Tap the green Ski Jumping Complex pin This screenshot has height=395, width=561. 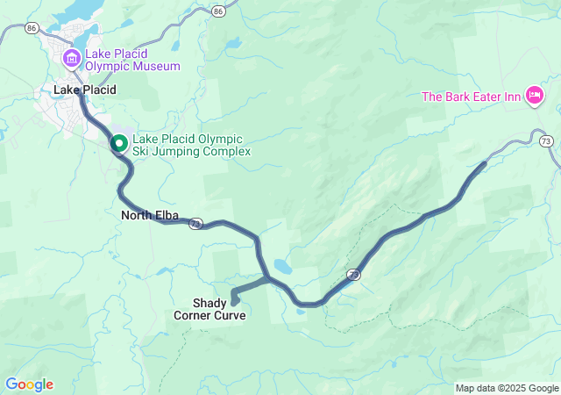click(x=119, y=143)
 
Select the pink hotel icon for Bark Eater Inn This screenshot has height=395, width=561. click(x=534, y=96)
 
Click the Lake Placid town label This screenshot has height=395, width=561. click(x=84, y=90)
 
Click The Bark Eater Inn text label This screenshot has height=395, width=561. click(x=472, y=96)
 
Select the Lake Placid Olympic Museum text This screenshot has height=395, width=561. click(x=132, y=60)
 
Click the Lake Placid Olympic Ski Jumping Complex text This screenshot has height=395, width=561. click(x=191, y=145)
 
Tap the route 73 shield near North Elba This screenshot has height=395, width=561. click(x=195, y=224)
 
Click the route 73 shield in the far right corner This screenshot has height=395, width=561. click(x=546, y=140)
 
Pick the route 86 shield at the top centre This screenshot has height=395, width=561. click(x=217, y=11)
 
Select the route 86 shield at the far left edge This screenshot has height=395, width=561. click(x=32, y=28)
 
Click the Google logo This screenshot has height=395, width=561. click(x=29, y=384)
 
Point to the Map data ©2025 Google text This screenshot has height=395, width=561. click(x=507, y=388)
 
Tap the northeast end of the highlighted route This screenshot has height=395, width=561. click(x=485, y=163)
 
